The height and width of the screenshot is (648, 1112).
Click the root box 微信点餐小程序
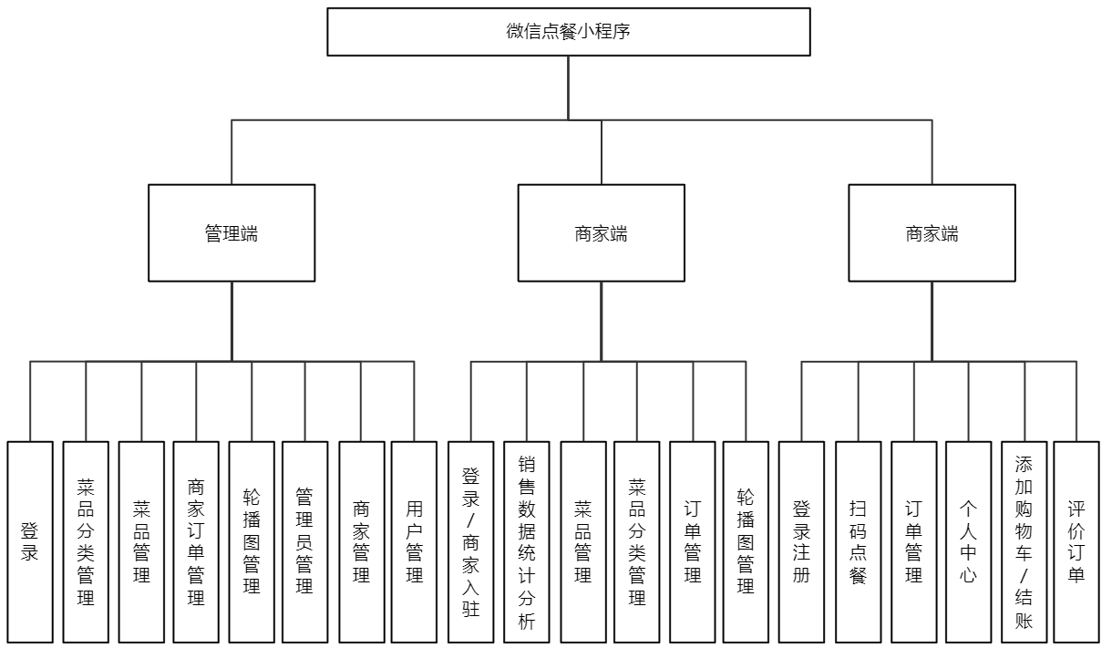pos(569,32)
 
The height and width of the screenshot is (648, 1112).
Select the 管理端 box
pos(232,233)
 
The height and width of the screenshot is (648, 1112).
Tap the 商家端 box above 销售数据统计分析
pos(601,233)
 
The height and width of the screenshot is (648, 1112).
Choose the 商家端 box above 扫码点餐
pos(932,233)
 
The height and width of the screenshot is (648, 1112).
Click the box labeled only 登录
pos(30,541)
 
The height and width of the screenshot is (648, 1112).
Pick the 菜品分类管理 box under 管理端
pos(86,541)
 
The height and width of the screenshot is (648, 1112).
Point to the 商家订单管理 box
pos(196,541)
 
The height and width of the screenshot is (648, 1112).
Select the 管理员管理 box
pos(304,541)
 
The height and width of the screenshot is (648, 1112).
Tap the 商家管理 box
pos(361,541)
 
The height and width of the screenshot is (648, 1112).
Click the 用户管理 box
pos(414,541)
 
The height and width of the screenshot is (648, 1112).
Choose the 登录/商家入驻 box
pos(471,541)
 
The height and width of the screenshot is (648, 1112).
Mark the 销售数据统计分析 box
pos(527,541)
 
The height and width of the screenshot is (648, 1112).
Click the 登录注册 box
pos(801,541)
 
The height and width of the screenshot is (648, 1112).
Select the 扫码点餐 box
pos(858,541)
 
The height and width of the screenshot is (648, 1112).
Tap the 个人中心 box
pos(968,541)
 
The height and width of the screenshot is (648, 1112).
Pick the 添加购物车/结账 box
pos(1024,541)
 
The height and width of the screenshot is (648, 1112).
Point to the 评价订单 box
pos(1076,541)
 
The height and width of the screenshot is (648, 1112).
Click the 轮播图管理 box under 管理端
pos(252,541)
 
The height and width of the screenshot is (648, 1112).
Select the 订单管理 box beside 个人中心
pos(913,541)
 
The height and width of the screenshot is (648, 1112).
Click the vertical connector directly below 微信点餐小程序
pos(569,87)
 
